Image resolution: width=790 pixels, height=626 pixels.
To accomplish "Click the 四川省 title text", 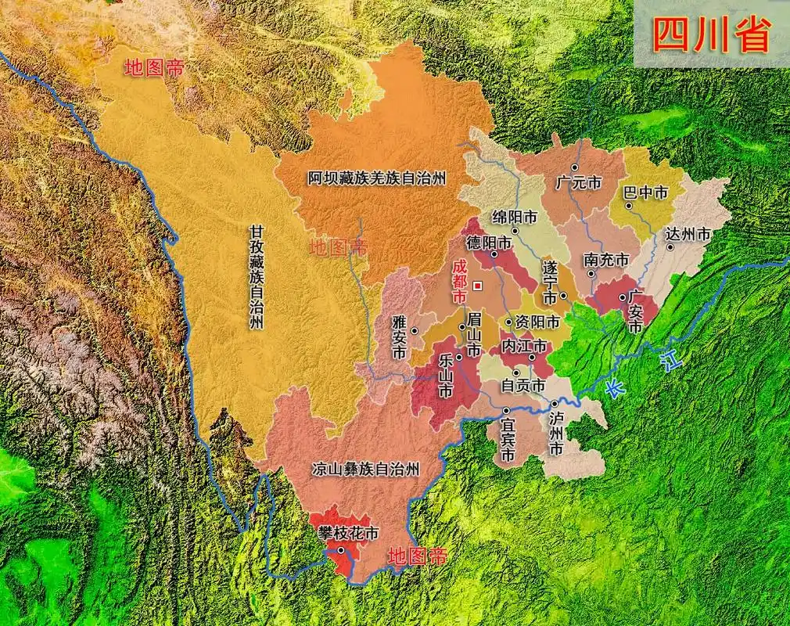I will coord(711,35).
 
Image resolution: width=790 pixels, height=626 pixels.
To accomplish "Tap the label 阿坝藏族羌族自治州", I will coord(376,178).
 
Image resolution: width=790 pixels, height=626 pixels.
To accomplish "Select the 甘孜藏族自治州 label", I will coord(257,278).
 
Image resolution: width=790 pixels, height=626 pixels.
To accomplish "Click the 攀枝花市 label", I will coord(347,533).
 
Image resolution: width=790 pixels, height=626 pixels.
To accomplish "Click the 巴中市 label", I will coord(645,192).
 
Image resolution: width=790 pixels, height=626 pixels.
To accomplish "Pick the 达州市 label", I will coord(688,233).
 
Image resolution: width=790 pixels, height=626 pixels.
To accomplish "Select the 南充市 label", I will coord(606,259).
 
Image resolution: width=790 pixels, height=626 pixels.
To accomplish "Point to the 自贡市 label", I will coord(523,385).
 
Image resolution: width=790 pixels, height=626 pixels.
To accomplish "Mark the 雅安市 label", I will coord(399,336).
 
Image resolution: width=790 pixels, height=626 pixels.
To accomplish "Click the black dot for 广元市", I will coord(574,167).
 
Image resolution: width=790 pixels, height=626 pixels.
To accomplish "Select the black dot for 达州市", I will coord(671,246).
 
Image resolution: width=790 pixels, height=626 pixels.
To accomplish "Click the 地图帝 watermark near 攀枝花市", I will coord(418,556).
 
